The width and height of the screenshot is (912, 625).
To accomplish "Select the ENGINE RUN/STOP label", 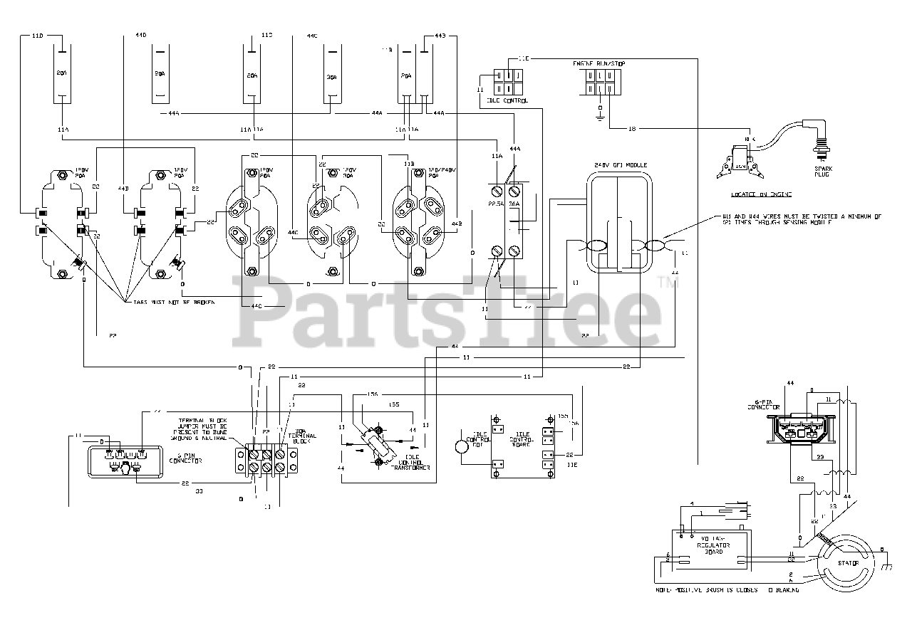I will [x=600, y=64].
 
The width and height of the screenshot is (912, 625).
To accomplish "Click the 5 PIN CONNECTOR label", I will [x=185, y=460].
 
